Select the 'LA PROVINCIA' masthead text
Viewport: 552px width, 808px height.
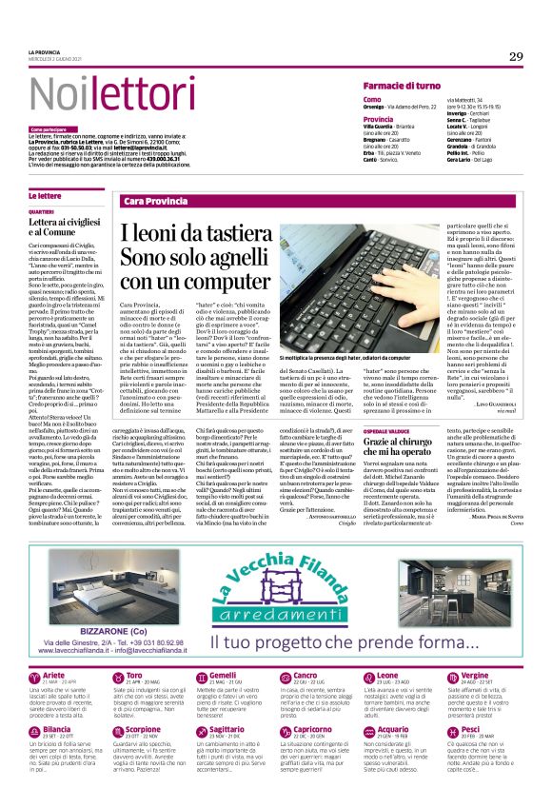coord(46,51)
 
